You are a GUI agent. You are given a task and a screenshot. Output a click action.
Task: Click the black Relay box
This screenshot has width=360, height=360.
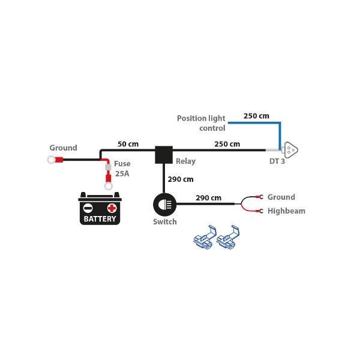pos(164,155)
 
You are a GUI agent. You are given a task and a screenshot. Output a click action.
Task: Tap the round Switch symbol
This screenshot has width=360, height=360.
pos(164,204)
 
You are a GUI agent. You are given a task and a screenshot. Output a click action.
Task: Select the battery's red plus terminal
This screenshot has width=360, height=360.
pos(112,208)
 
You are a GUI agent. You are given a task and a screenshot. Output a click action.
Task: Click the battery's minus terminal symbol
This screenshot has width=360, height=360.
pos(88,208)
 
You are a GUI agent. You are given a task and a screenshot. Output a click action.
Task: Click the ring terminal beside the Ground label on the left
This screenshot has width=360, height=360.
pos(52,160)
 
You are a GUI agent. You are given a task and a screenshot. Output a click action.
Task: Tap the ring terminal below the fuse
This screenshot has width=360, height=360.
pos(109,186)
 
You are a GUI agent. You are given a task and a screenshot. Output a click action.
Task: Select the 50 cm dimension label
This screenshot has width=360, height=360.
pos(128,144)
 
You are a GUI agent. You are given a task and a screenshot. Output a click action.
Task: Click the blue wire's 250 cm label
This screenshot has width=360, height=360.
pos(256,115)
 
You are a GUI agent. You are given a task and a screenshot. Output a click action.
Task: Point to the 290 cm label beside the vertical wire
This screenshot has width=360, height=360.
pos(181,179)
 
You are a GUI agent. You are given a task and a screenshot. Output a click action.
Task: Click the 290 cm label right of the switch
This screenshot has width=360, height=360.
pos(208,197)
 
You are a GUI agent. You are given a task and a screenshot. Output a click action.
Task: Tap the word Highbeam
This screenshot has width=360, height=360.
pos(286,211)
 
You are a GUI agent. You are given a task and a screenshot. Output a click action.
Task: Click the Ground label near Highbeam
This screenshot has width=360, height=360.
pos(281,197)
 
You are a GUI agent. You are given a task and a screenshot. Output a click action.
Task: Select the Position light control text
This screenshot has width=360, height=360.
pos(201,123)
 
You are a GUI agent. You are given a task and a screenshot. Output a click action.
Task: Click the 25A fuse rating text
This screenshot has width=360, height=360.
pos(122,174)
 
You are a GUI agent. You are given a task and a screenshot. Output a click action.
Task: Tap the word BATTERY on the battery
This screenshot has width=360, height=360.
pos(100,219)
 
